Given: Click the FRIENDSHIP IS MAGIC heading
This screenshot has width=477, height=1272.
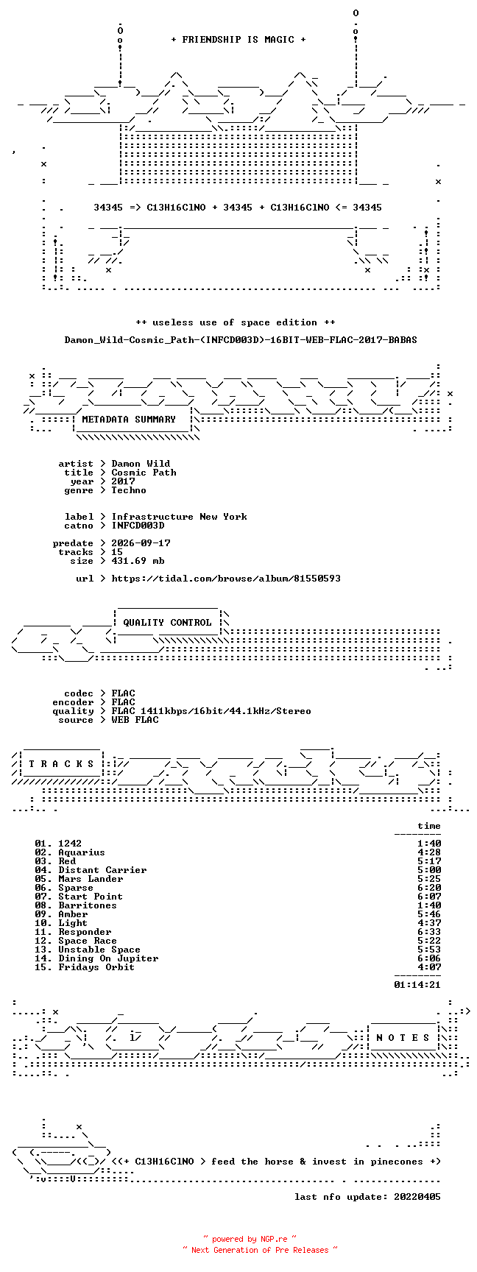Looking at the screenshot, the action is pyautogui.click(x=239, y=40).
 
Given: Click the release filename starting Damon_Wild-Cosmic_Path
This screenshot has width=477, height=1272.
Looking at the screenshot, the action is pyautogui.click(x=241, y=340).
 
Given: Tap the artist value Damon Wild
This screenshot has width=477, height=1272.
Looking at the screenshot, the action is pyautogui.click(x=141, y=464).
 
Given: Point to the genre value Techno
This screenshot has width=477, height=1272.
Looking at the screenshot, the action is pyautogui.click(x=129, y=490).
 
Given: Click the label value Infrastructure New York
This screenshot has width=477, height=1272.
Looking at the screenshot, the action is pyautogui.click(x=180, y=517).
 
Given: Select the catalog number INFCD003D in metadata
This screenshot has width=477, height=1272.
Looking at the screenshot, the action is pyautogui.click(x=138, y=526).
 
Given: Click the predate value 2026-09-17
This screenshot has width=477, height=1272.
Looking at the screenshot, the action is pyautogui.click(x=141, y=543).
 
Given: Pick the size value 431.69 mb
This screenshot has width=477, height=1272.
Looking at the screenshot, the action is pyautogui.click(x=138, y=561).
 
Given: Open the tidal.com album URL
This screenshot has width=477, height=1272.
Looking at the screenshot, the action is pyautogui.click(x=226, y=579).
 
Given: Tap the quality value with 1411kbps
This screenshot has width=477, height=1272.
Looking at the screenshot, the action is pyautogui.click(x=211, y=711).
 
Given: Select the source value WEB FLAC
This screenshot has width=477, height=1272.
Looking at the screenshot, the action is pyautogui.click(x=135, y=720).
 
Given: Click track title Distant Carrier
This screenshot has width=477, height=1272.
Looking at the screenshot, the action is pyautogui.click(x=102, y=870).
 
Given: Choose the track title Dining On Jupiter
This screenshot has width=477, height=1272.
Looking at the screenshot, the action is pyautogui.click(x=108, y=958).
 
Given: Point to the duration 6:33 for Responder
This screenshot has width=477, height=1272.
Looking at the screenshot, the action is pyautogui.click(x=429, y=932).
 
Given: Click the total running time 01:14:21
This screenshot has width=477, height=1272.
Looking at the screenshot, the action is pyautogui.click(x=417, y=985).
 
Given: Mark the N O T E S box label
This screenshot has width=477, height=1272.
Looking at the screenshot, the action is pyautogui.click(x=403, y=1038).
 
